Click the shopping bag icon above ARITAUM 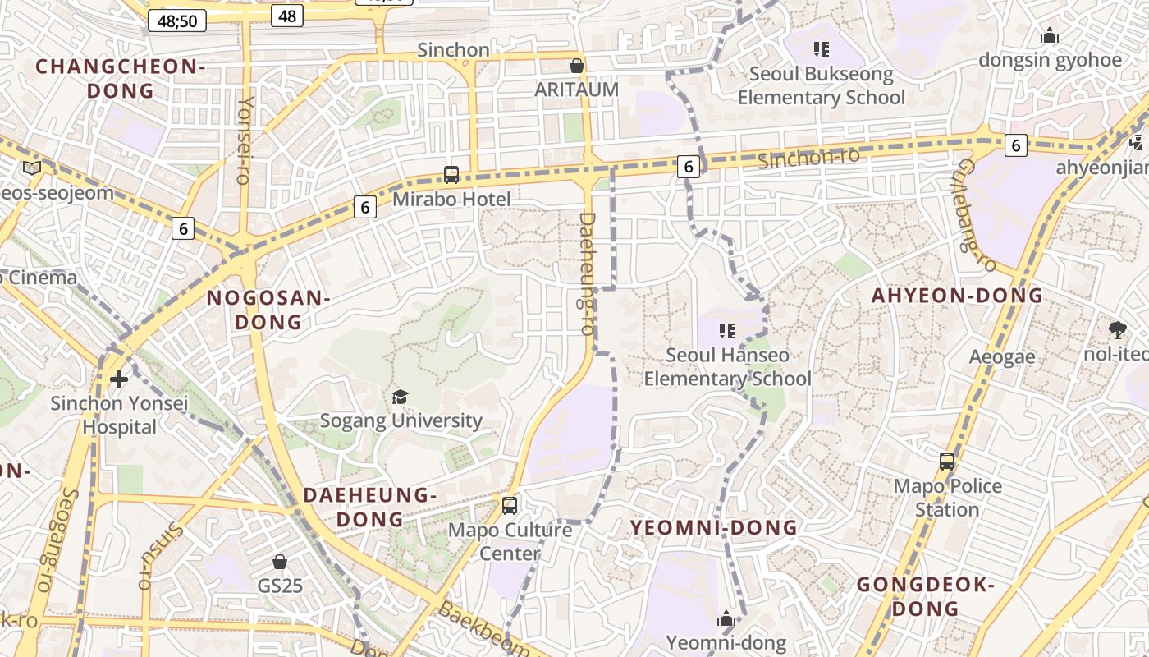coord(577,66)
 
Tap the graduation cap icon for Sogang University coord(400,397)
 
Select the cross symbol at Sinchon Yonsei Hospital coord(120,379)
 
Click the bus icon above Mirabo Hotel coord(451,174)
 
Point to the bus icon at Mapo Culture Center coord(510,505)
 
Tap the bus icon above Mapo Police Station coord(947,462)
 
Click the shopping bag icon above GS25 coord(280,562)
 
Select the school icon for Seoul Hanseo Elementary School coord(726,331)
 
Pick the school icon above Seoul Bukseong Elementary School coord(821,49)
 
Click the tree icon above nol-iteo coord(1117,330)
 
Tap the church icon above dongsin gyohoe coord(1049,36)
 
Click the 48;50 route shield coord(177,21)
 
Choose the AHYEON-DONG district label coord(957,296)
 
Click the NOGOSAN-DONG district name coord(268,310)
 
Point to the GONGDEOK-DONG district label coord(926,597)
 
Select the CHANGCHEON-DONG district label coord(120,78)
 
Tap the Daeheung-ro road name coord(586,273)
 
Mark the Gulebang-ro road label coord(977,214)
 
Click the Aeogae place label coord(1002,357)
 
